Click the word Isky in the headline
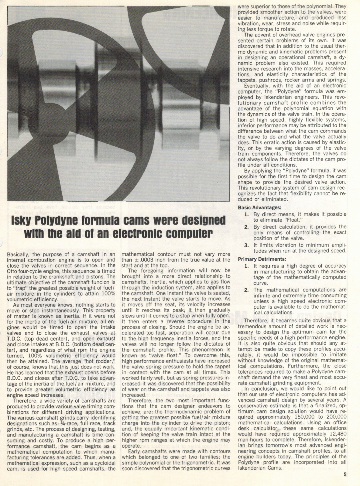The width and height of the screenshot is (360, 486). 24,220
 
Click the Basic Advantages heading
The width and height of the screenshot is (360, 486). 259,208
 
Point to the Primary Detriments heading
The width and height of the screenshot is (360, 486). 262,259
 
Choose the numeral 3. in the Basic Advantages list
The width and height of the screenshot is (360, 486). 246,245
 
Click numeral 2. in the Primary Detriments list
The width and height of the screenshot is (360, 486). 247,290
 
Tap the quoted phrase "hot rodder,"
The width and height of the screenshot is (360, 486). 100,361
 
